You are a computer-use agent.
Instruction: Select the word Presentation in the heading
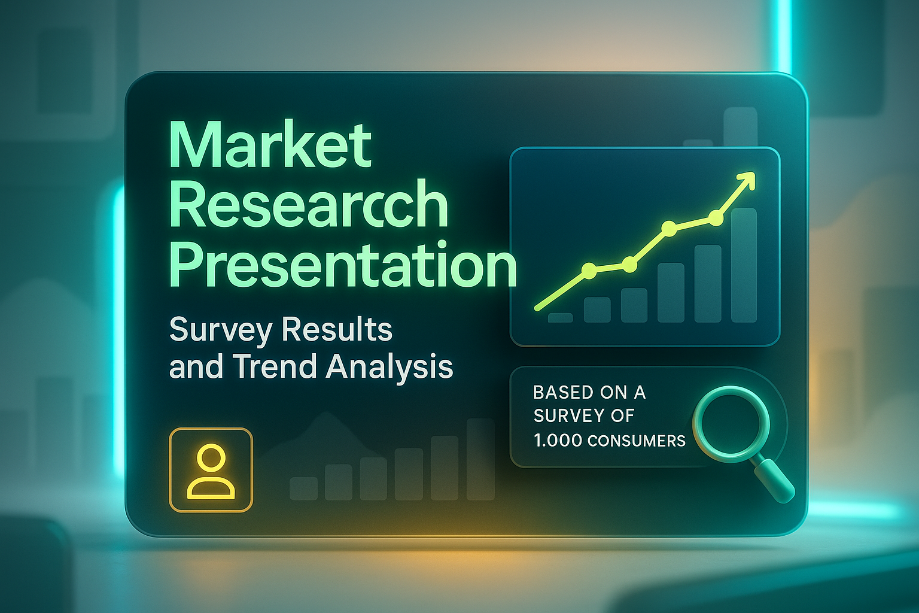click(343, 265)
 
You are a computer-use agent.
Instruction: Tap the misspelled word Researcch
click(309, 204)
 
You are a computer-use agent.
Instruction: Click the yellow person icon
click(211, 471)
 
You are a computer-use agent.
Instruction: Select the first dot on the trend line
click(589, 271)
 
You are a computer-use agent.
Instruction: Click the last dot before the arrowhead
click(716, 218)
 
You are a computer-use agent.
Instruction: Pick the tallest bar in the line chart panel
click(744, 265)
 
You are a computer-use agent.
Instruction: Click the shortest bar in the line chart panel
click(561, 317)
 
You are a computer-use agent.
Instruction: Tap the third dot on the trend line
click(670, 228)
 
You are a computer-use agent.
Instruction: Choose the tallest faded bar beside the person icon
click(481, 459)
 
